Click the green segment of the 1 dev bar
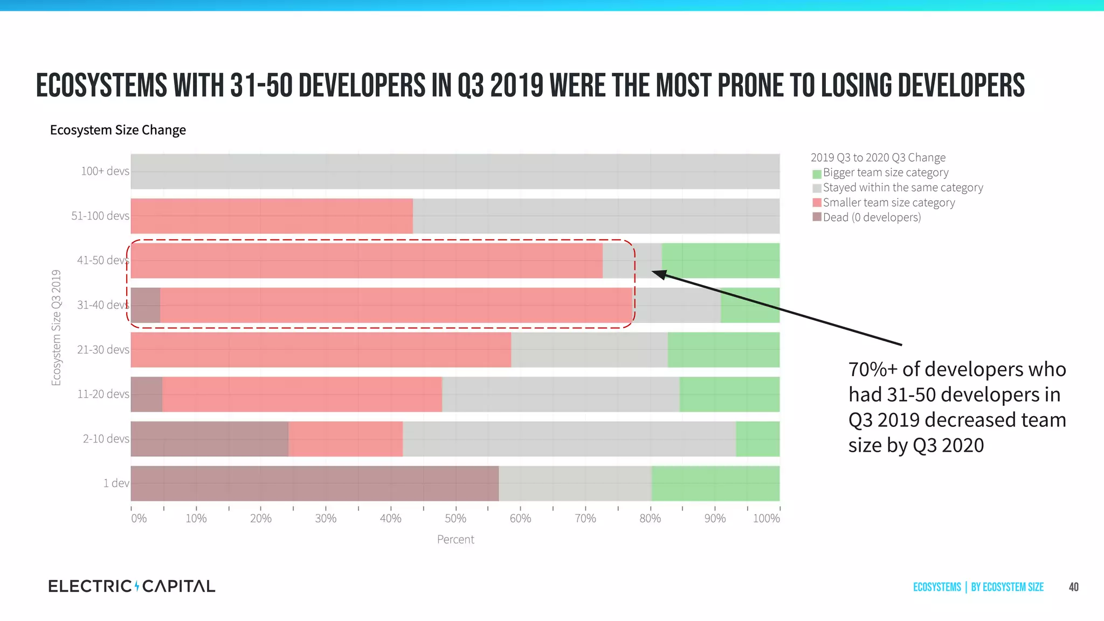715,484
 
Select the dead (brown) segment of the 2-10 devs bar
209,439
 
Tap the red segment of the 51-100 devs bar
272,216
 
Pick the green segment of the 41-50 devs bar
720,261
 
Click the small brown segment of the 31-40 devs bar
146,305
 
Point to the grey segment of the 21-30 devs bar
589,350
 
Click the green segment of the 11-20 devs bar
729,395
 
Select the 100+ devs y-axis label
105,171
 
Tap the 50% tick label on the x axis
456,519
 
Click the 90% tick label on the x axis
715,519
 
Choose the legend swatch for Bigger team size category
817,174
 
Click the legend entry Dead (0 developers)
872,217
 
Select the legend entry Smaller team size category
888,203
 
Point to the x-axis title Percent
456,540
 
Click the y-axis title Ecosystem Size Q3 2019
56,328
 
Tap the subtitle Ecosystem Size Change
118,130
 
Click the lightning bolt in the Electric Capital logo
137,586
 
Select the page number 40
1073,587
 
